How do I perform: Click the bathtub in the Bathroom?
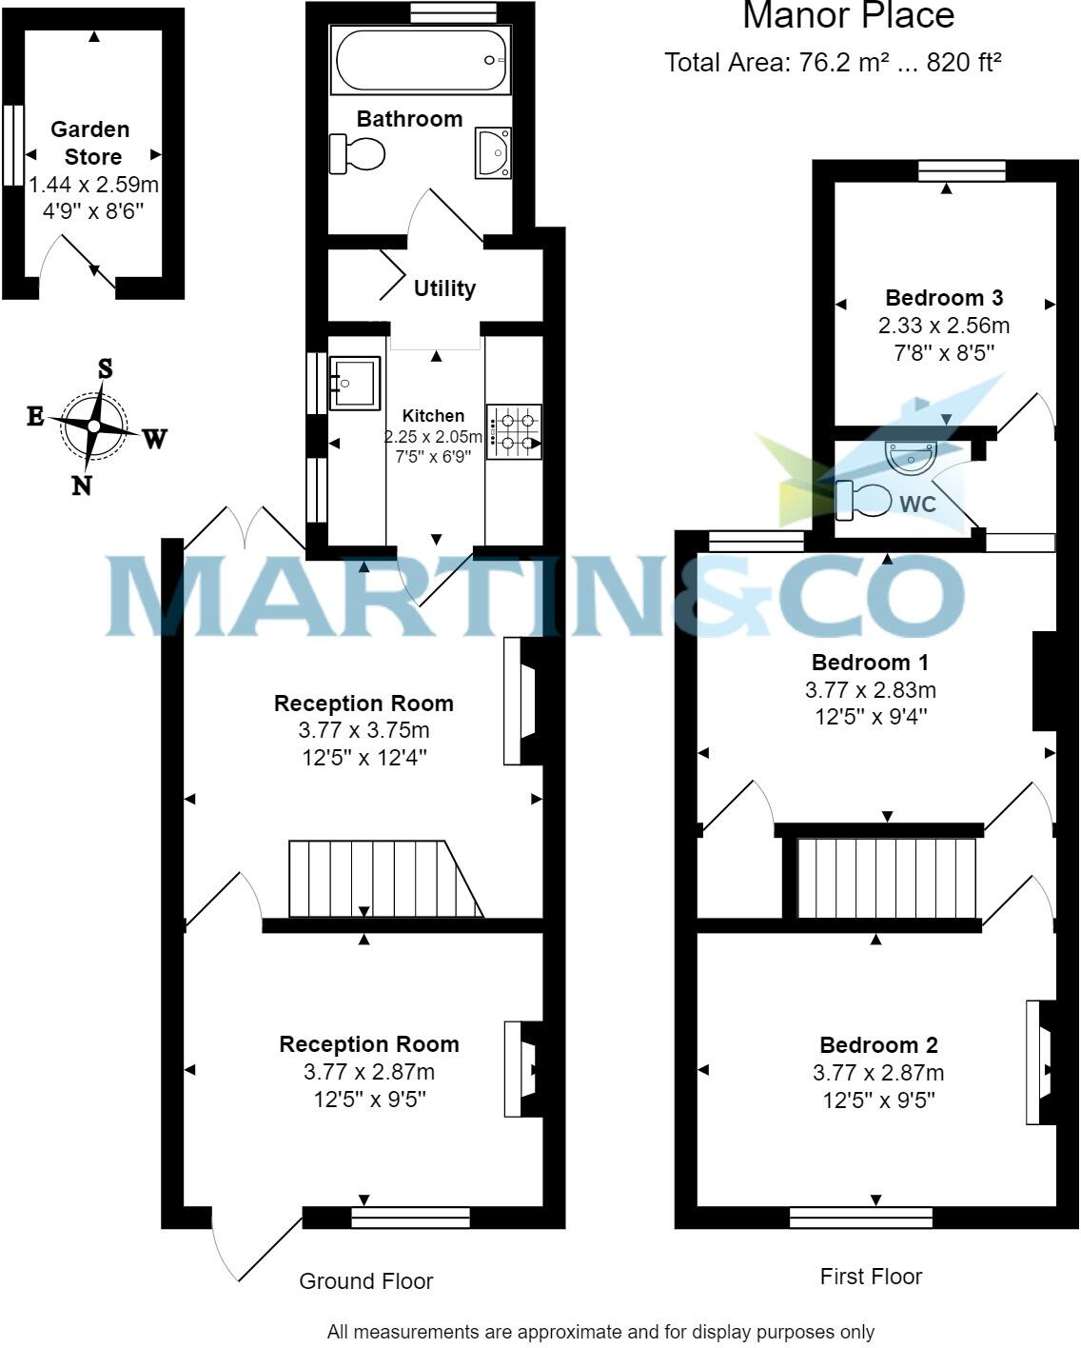tap(420, 60)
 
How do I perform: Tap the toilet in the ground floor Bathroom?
tap(359, 153)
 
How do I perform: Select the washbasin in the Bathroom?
tap(493, 153)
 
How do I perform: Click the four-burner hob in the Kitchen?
tap(514, 431)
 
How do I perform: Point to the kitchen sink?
tap(354, 383)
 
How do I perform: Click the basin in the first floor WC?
tap(912, 458)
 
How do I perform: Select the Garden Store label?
tap(91, 143)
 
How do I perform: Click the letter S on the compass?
tap(105, 368)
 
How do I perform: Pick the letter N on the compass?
tap(82, 486)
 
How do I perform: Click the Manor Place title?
tap(848, 16)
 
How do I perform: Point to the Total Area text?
tap(833, 63)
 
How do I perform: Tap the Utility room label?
tap(444, 288)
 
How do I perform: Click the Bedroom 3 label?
tap(944, 298)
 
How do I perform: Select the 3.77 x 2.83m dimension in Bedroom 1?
tap(870, 689)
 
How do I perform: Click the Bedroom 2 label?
tap(878, 1045)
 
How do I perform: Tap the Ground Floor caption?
tap(365, 1281)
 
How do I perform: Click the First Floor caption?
tap(871, 1277)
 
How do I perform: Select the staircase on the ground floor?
tap(381, 880)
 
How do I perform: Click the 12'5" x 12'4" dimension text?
tap(364, 758)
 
